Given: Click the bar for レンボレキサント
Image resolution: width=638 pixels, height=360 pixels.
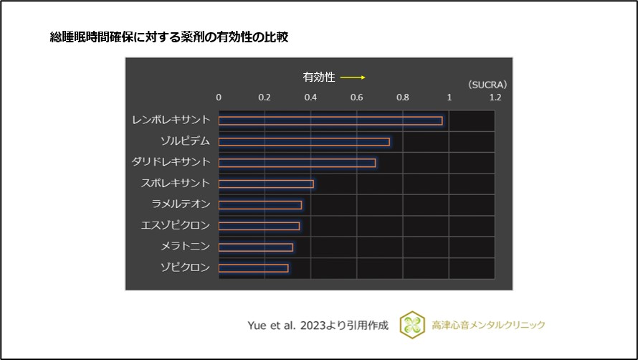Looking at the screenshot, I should click(x=330, y=120).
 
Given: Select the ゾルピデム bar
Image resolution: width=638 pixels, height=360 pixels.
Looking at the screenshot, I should click(x=304, y=141).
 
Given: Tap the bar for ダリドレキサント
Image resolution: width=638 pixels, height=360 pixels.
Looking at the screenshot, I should click(x=297, y=163).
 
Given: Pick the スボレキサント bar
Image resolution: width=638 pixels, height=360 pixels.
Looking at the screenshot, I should click(x=266, y=184).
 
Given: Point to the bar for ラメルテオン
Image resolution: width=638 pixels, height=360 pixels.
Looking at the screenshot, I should click(x=260, y=205).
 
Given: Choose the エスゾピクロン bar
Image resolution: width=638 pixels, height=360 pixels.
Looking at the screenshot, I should click(x=259, y=226).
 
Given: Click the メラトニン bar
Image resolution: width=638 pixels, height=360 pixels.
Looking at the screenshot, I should click(x=256, y=247).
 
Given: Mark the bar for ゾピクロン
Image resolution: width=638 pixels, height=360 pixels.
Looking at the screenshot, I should click(x=253, y=268).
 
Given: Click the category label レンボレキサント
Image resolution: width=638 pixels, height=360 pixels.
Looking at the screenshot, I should click(x=171, y=120).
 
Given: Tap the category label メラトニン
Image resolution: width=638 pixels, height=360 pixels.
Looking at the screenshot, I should click(x=186, y=247).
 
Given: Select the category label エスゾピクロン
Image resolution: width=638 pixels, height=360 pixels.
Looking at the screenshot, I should click(x=176, y=226).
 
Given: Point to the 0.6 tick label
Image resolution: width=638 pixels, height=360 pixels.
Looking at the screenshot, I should click(x=357, y=97).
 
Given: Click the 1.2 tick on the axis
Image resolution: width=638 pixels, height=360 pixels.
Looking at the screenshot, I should click(x=495, y=97).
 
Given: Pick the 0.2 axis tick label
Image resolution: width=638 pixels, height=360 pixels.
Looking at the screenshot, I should click(x=265, y=97).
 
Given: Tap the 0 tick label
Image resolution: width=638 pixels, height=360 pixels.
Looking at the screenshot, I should click(x=219, y=97).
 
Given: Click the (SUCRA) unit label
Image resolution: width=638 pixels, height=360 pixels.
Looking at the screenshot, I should click(x=487, y=84).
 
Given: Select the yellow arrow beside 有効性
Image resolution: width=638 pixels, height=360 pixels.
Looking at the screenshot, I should click(x=353, y=77).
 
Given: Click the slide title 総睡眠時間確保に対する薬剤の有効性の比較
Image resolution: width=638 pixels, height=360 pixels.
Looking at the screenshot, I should click(x=168, y=37).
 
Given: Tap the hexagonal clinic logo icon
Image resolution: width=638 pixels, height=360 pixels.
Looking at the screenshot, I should click(x=412, y=324).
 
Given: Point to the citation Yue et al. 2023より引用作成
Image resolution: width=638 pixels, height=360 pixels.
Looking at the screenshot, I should click(x=318, y=325).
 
